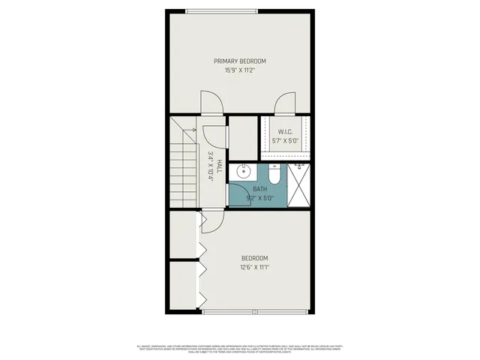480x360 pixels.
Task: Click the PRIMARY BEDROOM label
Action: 239,61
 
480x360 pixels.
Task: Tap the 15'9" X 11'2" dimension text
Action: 239,70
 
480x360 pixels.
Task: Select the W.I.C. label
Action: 285,131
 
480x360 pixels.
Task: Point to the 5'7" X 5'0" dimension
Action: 285,140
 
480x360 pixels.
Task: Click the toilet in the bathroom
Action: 274,175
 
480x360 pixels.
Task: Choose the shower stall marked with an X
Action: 300,184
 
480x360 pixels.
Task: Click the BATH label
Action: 259,190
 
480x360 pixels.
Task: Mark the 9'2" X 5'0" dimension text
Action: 259,199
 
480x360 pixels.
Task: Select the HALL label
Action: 219,166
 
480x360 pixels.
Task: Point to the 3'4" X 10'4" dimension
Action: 211,166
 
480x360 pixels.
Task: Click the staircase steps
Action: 183,169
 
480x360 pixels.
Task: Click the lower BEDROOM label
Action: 254,258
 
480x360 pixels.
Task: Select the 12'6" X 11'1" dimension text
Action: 254,267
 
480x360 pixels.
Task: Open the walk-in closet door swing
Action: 285,103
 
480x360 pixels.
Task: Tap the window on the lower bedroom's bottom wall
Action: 254,312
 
